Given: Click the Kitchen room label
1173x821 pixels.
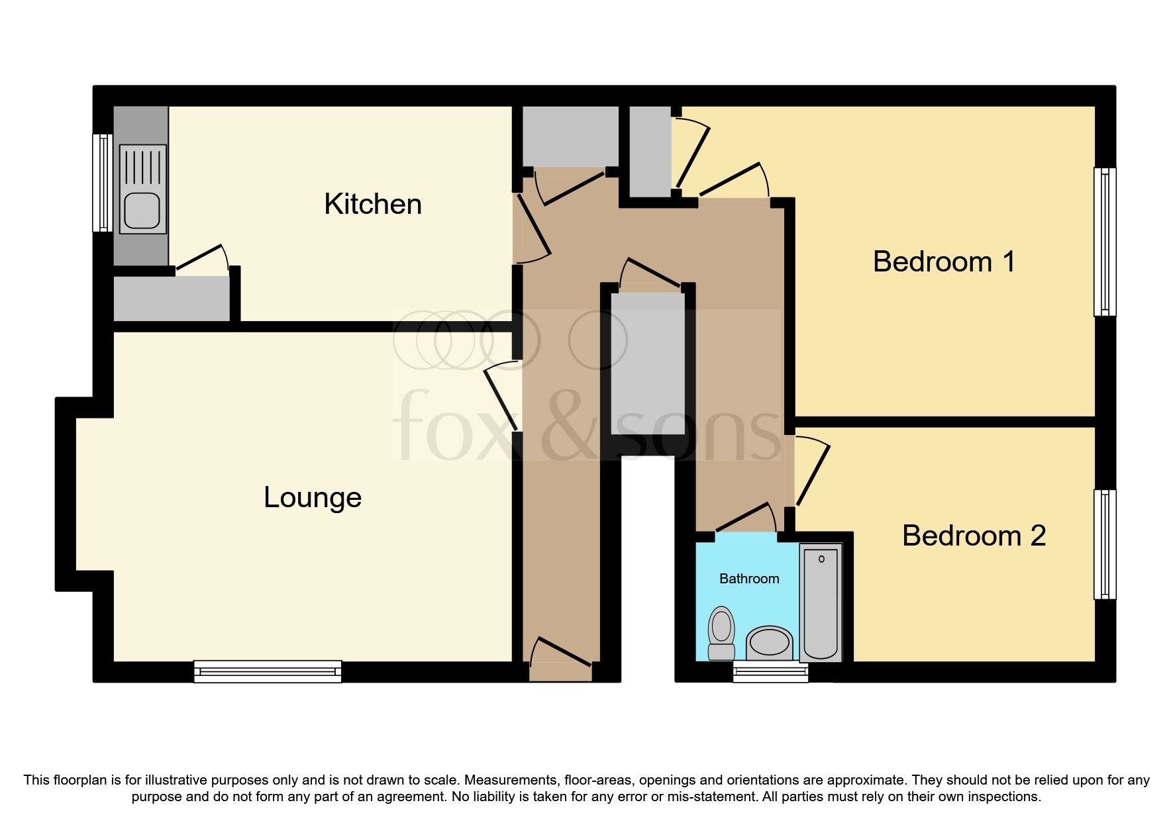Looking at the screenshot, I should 372,204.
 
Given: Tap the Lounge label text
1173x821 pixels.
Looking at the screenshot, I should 313,498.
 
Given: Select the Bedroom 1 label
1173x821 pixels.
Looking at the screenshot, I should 943,262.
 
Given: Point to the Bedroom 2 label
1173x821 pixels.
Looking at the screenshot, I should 974,536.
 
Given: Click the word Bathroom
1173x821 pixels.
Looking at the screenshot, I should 749,579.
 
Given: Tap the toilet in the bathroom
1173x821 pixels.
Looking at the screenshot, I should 721,632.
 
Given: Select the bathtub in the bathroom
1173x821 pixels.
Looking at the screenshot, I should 821,603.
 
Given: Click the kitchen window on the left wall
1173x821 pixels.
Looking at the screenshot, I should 103,183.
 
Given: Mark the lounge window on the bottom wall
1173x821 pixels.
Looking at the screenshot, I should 268,671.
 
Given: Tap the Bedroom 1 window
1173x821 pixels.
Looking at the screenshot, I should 1104,242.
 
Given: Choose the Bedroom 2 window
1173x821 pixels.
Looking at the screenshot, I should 1104,544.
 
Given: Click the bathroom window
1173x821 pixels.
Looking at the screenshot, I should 771,672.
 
